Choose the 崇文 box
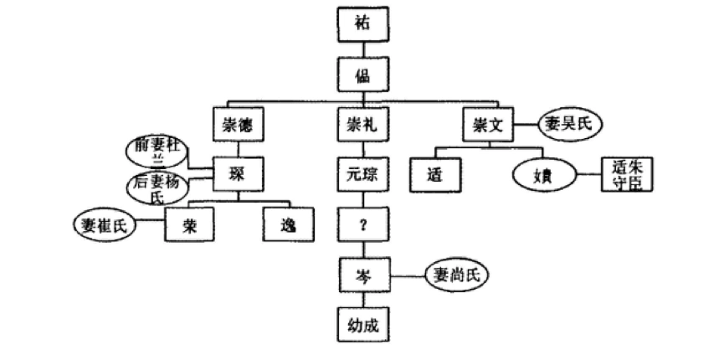(486, 125)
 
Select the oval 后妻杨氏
(158, 188)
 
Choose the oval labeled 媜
(546, 175)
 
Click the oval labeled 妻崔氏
(106, 224)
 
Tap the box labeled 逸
(287, 224)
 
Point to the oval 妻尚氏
(455, 274)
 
